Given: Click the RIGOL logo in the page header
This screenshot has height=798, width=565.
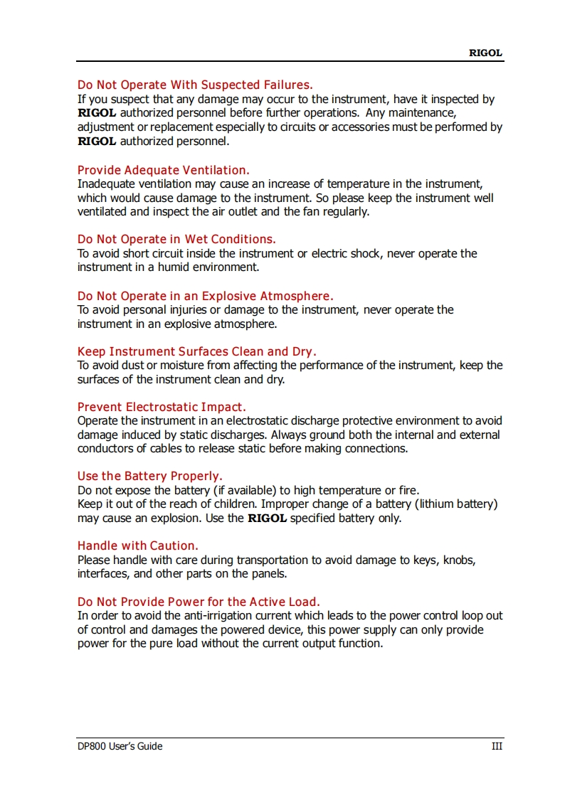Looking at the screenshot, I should pos(485,53).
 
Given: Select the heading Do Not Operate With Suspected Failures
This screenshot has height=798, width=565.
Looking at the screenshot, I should pos(195,85).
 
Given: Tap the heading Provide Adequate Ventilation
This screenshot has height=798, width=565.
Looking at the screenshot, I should pos(163,170).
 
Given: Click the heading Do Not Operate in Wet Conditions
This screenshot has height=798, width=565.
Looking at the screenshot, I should pos(176,239).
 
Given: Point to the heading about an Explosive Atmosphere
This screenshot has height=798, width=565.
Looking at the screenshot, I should pos(205,296).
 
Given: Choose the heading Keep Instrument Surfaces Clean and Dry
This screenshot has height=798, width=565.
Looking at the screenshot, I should pos(196,351).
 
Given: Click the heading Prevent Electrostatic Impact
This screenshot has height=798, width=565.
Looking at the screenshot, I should pos(162,407).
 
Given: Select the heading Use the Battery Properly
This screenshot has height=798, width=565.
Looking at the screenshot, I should pos(149,476).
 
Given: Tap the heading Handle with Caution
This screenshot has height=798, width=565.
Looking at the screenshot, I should pos(137,546).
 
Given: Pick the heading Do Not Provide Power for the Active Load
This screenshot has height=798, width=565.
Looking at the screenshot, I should pos(199,602).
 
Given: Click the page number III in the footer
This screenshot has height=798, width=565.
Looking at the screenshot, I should pos(497,746).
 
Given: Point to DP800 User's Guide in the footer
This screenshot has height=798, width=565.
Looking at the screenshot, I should pos(120,746).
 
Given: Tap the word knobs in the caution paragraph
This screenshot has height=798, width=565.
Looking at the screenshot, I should pos(460,560).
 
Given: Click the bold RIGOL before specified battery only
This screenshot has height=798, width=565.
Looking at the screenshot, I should pos(267,518).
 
